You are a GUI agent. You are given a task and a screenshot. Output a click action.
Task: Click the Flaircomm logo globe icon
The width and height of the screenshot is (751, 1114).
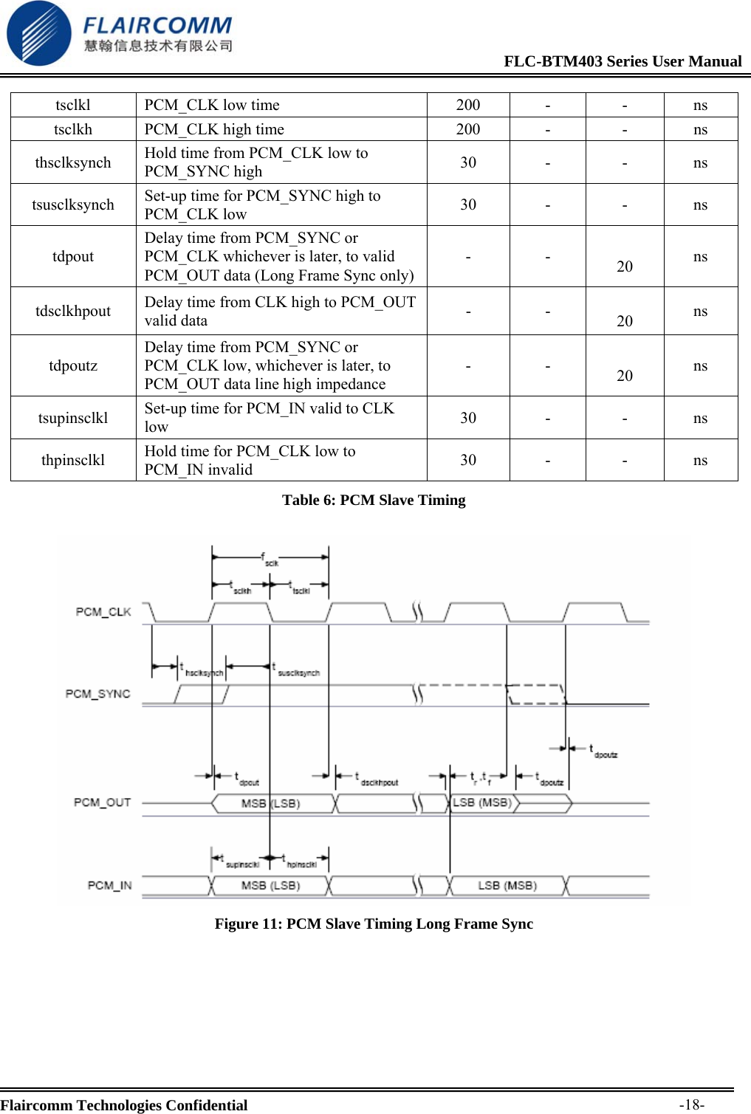pyautogui.click(x=38, y=33)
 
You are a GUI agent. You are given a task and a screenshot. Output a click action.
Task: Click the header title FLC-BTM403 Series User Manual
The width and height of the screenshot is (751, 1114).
pyautogui.click(x=623, y=61)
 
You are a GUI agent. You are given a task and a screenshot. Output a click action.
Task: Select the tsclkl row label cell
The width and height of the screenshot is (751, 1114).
pyautogui.click(x=73, y=105)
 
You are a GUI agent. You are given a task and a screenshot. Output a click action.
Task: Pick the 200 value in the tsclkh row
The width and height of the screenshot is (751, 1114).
pyautogui.click(x=468, y=129)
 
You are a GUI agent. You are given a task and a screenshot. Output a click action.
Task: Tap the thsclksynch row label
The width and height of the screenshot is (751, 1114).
pyautogui.click(x=73, y=162)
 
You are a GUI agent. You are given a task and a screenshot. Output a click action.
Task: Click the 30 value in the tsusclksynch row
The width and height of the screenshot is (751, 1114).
pyautogui.click(x=468, y=204)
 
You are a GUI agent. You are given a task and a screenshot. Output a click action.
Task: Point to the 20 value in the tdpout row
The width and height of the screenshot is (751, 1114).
pyautogui.click(x=625, y=267)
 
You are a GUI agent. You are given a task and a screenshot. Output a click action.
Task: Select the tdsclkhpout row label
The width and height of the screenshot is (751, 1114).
pyautogui.click(x=73, y=311)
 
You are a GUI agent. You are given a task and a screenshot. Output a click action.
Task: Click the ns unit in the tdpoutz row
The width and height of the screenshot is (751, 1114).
pyautogui.click(x=700, y=365)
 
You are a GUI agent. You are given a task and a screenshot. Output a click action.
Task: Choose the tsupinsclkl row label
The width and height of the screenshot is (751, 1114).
pyautogui.click(x=73, y=418)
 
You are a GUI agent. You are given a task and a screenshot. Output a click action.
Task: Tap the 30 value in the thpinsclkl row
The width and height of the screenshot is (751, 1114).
pyautogui.click(x=468, y=460)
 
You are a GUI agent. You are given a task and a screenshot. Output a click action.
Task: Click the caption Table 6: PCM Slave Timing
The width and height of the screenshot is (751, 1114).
pyautogui.click(x=374, y=500)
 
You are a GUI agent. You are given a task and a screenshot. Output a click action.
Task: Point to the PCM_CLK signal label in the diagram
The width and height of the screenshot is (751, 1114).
pyautogui.click(x=103, y=612)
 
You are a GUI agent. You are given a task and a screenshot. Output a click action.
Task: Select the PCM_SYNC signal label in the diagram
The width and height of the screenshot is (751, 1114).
pyautogui.click(x=97, y=694)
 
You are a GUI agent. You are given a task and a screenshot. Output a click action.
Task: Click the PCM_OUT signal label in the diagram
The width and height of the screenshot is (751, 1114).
pyautogui.click(x=102, y=802)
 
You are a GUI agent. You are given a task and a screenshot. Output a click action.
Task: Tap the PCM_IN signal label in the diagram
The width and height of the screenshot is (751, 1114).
pyautogui.click(x=109, y=885)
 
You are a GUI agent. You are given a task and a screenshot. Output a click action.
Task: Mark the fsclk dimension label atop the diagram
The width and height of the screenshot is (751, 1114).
pyautogui.click(x=270, y=560)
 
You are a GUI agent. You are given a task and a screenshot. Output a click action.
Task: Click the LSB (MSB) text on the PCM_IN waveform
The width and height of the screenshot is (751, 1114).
pyautogui.click(x=507, y=885)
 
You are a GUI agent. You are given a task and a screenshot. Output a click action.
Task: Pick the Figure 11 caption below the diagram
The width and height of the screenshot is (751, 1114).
pyautogui.click(x=374, y=924)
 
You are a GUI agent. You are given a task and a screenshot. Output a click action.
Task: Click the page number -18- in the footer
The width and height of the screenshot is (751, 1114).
pyautogui.click(x=692, y=1104)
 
